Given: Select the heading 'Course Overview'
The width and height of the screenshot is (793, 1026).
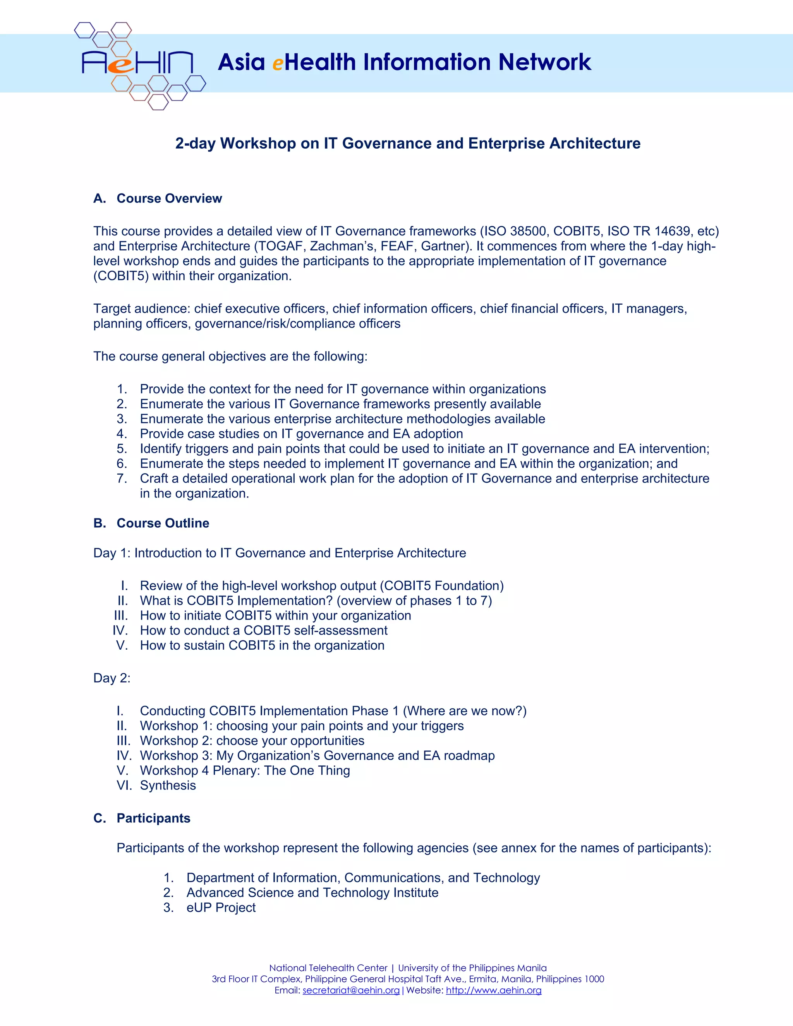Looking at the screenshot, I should click(169, 198).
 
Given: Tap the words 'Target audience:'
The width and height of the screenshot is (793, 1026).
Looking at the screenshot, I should click(142, 309).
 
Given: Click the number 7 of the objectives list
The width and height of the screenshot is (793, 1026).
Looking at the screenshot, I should click(121, 478).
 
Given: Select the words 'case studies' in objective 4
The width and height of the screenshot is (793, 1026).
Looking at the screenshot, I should click(225, 434).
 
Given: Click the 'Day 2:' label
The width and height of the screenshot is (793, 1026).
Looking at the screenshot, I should click(112, 678).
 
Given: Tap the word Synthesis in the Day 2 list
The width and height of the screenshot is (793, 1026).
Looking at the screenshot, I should click(168, 786).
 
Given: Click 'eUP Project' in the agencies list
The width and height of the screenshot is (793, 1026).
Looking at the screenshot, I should click(221, 908).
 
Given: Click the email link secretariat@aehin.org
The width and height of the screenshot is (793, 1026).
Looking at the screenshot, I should click(351, 990).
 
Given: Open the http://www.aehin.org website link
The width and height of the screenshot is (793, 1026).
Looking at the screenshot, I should click(493, 990).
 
